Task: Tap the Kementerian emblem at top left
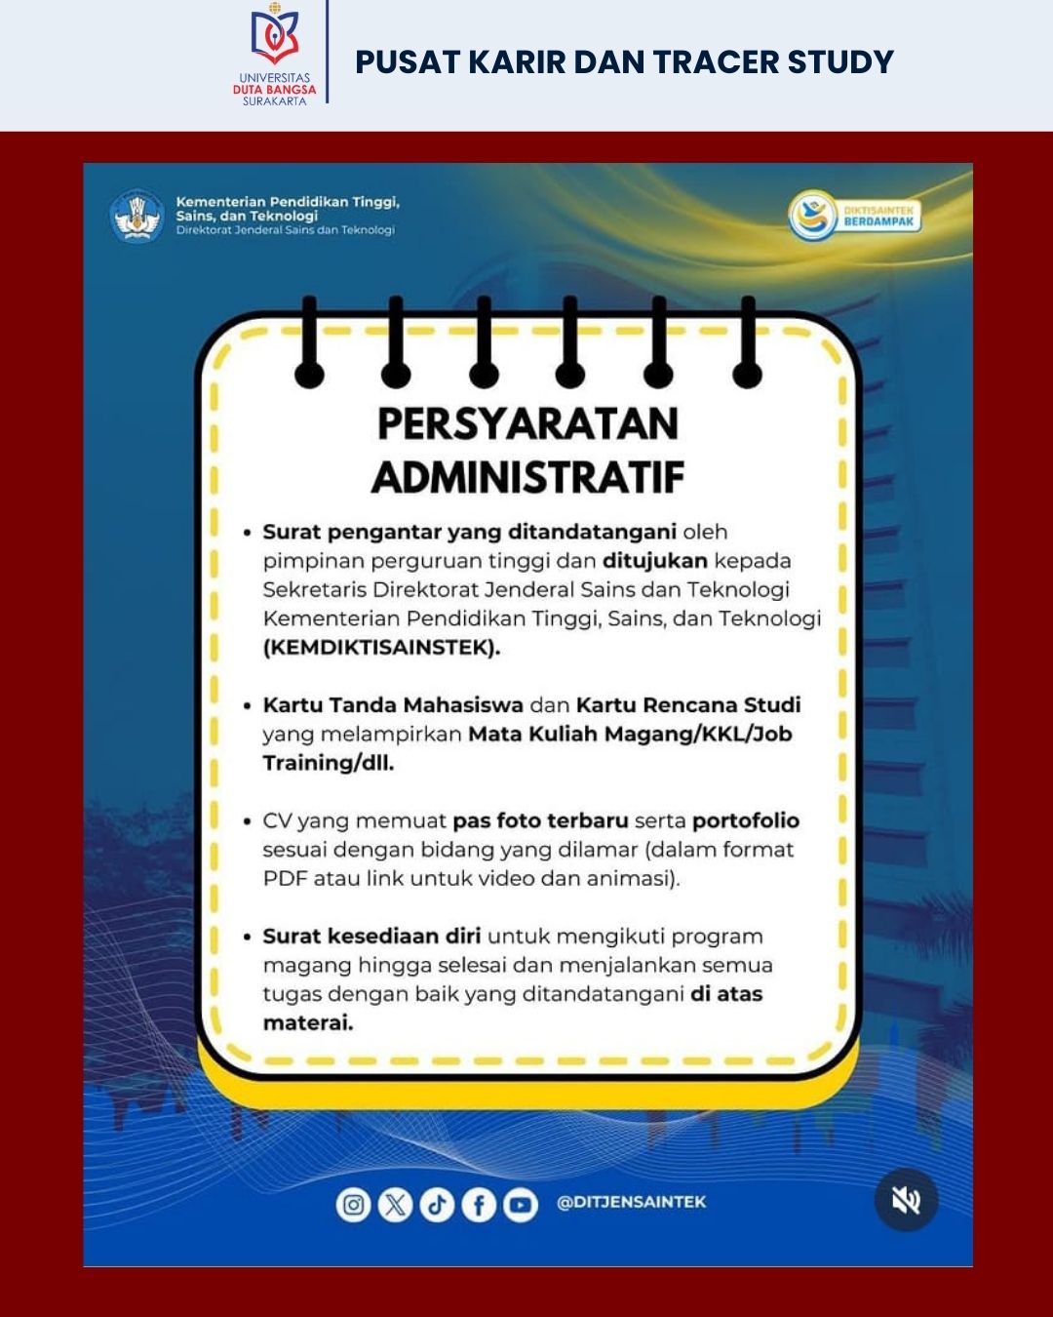click(137, 216)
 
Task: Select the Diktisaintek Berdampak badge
click(855, 216)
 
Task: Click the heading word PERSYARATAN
click(527, 424)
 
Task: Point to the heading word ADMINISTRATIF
click(527, 478)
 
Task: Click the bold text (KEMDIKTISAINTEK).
click(381, 648)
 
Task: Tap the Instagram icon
click(353, 1205)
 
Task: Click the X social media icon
click(395, 1205)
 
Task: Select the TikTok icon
click(437, 1205)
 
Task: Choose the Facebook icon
click(479, 1205)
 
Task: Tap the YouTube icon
click(521, 1205)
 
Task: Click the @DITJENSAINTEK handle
click(631, 1202)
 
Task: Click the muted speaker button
click(906, 1200)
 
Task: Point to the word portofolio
click(746, 820)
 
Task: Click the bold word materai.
click(308, 1023)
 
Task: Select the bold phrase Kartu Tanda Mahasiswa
click(393, 704)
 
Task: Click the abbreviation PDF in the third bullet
click(285, 878)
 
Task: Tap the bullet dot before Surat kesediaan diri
click(248, 938)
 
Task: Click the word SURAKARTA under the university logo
click(274, 100)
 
